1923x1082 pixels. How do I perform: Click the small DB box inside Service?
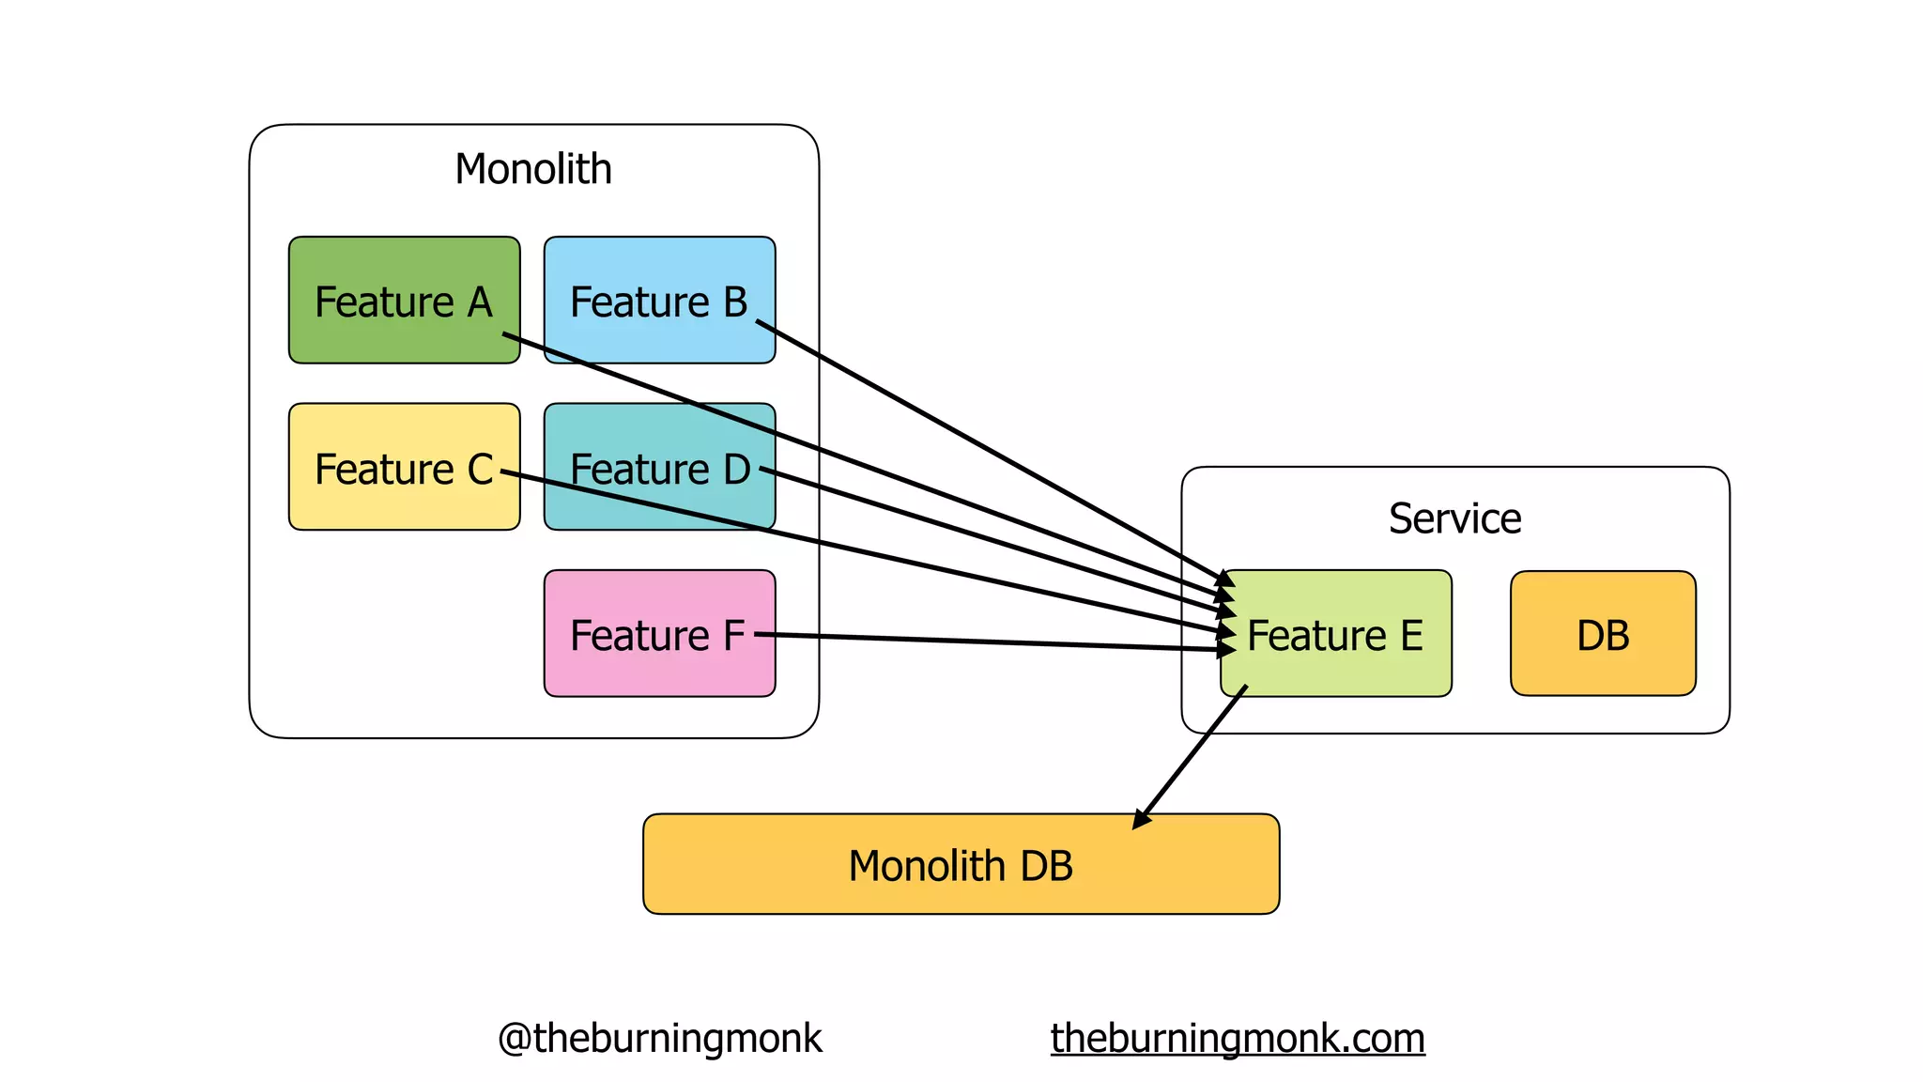pyautogui.click(x=1603, y=634)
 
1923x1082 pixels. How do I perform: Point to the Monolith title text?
pyautogui.click(x=533, y=169)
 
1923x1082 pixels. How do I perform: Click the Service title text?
pyautogui.click(x=1454, y=518)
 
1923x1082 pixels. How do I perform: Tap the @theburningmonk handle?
pyautogui.click(x=659, y=1038)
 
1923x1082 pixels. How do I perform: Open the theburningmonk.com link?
pyautogui.click(x=1238, y=1038)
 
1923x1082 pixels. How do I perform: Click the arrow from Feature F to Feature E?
pyautogui.click(x=986, y=642)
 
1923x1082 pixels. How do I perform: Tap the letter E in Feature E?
pyautogui.click(x=1411, y=636)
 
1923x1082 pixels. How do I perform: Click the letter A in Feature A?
pyautogui.click(x=480, y=302)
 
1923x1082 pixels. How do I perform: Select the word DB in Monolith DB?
pyautogui.click(x=1046, y=866)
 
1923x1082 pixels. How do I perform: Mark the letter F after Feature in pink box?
pyautogui.click(x=733, y=636)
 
